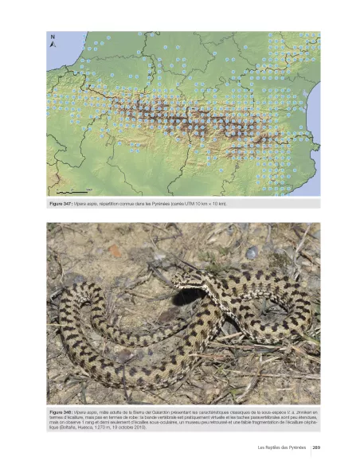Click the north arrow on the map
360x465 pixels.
click(53, 42)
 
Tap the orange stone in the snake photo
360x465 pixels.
click(115, 252)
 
